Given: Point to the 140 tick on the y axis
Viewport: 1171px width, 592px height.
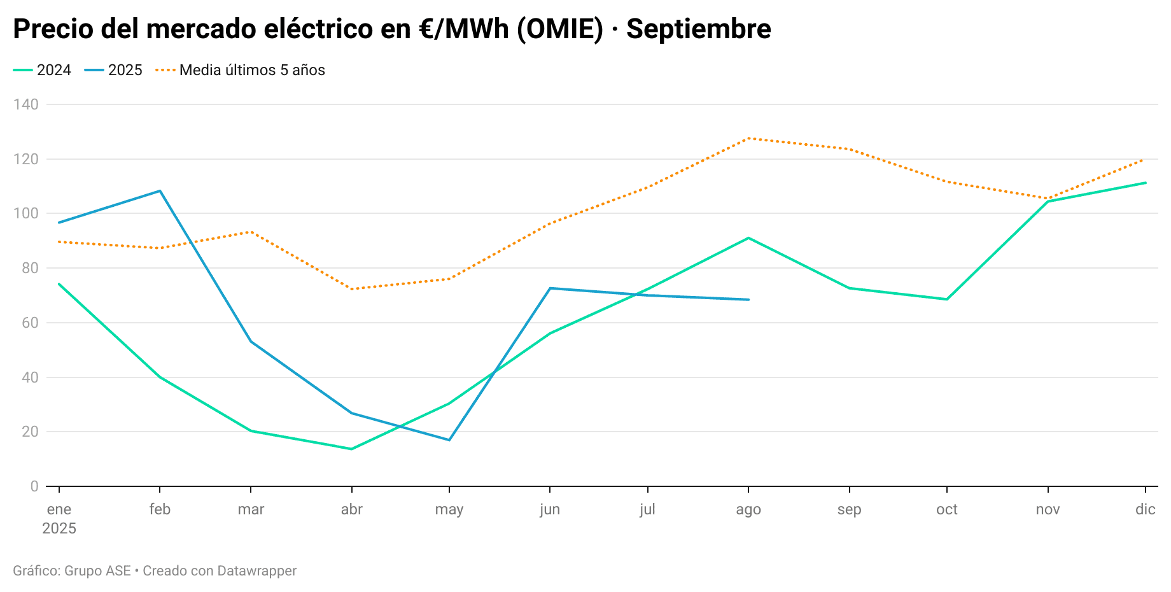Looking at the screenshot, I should click(26, 104).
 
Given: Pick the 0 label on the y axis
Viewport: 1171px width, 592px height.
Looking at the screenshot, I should click(34, 486).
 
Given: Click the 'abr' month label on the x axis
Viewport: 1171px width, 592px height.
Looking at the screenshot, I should click(351, 509).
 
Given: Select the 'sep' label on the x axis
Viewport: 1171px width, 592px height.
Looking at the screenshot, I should click(849, 509).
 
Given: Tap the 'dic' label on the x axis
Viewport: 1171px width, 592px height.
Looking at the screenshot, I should click(1145, 509).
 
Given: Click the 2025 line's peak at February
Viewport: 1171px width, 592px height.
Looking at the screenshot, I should click(160, 191).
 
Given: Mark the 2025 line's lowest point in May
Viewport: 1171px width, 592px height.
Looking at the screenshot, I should click(449, 440).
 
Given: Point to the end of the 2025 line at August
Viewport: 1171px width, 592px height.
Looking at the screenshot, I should click(748, 300).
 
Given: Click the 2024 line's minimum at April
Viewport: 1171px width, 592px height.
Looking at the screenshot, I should click(351, 449).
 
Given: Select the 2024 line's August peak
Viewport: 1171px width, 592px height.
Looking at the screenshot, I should click(748, 238).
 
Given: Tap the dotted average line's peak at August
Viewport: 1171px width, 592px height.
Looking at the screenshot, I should click(748, 138).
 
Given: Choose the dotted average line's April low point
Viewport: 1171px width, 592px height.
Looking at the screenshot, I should click(351, 289).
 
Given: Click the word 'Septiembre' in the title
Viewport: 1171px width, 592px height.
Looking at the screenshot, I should click(698, 29).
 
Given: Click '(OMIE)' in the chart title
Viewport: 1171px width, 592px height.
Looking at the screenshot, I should click(559, 29).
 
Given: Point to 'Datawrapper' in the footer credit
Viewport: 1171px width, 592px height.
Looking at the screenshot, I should click(257, 571).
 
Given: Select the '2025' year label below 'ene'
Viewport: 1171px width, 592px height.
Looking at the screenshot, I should click(59, 528).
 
